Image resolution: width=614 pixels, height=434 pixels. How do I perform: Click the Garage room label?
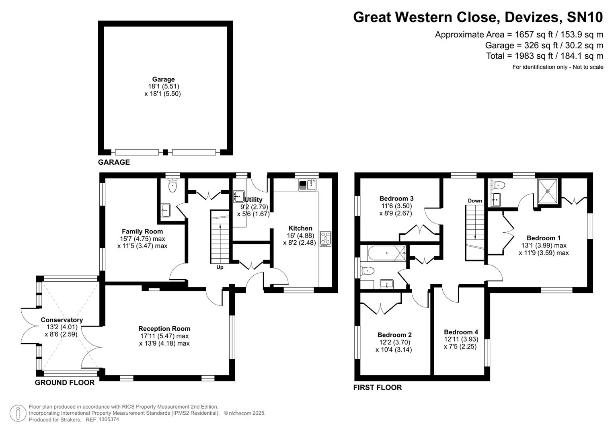pos(163,80)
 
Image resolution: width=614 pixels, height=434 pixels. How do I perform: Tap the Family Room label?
pos(142,231)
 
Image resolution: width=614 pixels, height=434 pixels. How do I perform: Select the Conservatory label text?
pos(62,320)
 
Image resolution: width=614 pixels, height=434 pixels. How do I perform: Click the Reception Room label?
pos(164,329)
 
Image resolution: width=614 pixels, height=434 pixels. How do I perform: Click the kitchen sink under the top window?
pos(308,185)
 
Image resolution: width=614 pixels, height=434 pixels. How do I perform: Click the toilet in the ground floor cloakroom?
pos(172,186)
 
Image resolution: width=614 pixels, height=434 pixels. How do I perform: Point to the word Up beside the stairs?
pos(220,267)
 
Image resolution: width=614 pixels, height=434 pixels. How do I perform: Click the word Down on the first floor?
pos(474,201)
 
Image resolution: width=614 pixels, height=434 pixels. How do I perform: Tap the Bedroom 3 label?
pos(396,199)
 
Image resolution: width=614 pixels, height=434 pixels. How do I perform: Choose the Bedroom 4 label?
pos(461,332)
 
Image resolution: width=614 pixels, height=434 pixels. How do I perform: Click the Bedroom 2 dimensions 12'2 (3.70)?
pos(394,342)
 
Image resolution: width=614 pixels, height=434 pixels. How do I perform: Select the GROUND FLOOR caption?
pos(65,383)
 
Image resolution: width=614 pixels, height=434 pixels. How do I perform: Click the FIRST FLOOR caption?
pos(377,387)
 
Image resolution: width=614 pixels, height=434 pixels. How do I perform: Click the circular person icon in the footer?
pos(18,413)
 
